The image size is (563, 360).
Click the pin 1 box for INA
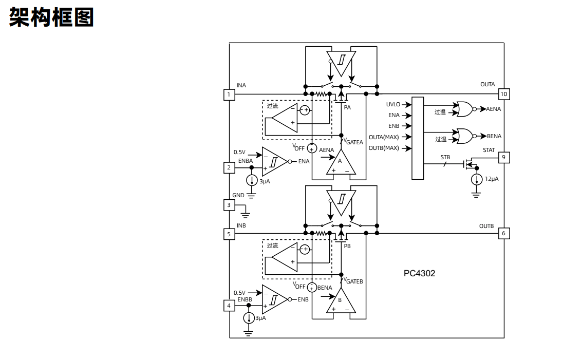point(229,94)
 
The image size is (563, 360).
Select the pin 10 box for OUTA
point(504,94)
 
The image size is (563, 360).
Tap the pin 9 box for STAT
point(504,157)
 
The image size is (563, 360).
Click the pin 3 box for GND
point(229,205)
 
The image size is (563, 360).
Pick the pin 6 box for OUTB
point(503,234)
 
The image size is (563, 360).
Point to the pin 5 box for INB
point(229,234)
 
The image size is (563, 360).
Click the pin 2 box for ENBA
point(229,167)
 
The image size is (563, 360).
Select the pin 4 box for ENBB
point(229,306)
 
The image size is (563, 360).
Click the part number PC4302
point(419,273)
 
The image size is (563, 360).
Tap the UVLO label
point(393,105)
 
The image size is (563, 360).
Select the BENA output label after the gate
point(494,136)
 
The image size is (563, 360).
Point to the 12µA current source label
point(492,179)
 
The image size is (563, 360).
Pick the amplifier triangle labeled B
point(340,302)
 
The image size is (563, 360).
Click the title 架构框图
point(51,17)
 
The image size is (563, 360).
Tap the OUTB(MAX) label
point(384,148)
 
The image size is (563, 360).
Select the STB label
point(445,157)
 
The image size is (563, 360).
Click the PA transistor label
point(347,107)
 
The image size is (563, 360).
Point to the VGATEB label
point(353,281)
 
